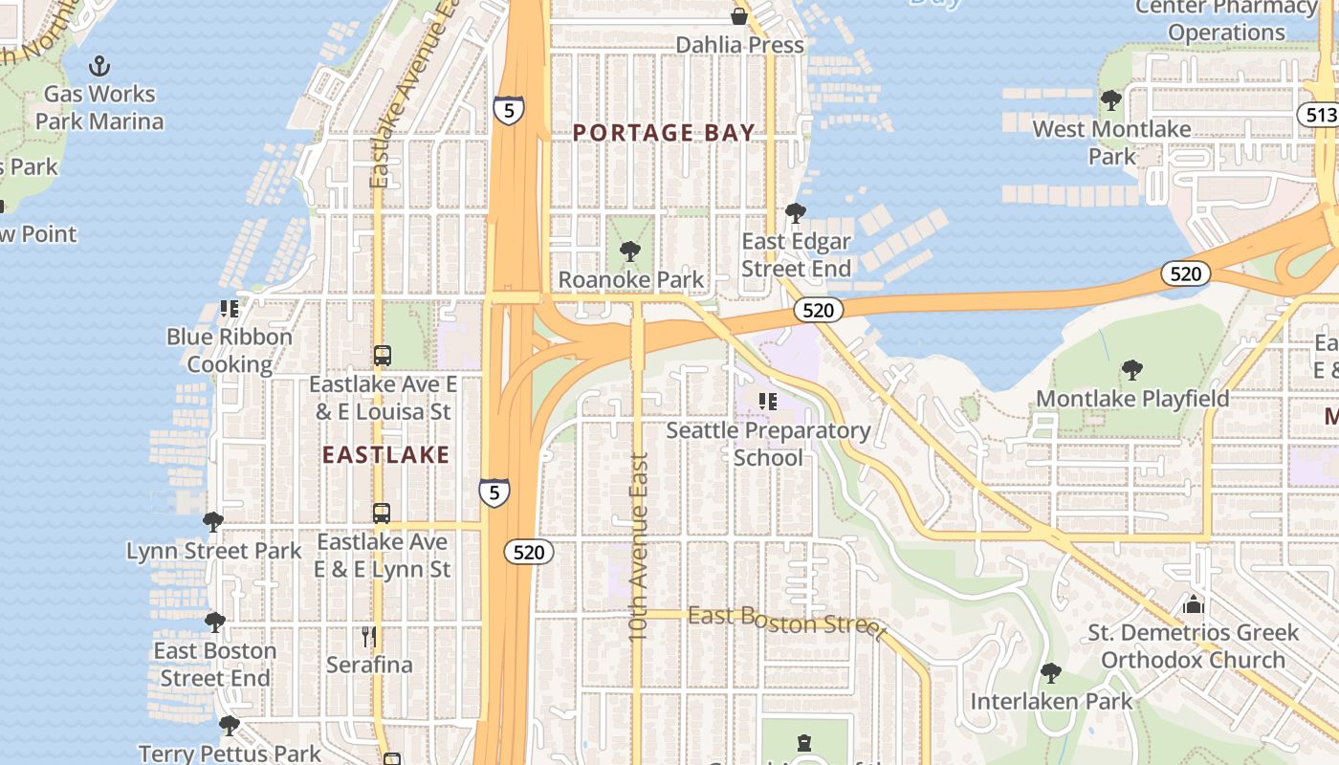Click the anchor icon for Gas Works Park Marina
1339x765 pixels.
[99, 66]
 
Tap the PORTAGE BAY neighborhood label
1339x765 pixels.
[664, 133]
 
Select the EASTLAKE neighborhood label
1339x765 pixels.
[385, 454]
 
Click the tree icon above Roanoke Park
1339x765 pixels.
[629, 251]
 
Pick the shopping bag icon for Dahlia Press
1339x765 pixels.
[738, 16]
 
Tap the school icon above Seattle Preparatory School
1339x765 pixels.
[767, 402]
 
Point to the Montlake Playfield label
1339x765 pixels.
[1132, 398]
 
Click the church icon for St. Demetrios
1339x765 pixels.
[1193, 604]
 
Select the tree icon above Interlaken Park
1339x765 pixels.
[1051, 673]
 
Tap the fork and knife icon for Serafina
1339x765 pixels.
[369, 636]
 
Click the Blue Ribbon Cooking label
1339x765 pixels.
[230, 351]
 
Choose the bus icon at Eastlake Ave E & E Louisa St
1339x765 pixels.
[382, 356]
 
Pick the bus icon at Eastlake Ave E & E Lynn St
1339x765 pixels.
[382, 514]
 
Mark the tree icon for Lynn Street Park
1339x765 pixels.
[213, 522]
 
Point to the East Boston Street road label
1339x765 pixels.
[786, 621]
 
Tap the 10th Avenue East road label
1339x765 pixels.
[638, 545]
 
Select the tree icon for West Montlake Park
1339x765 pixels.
[1111, 100]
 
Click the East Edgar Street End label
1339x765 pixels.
[796, 255]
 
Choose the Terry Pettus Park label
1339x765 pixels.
[230, 754]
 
